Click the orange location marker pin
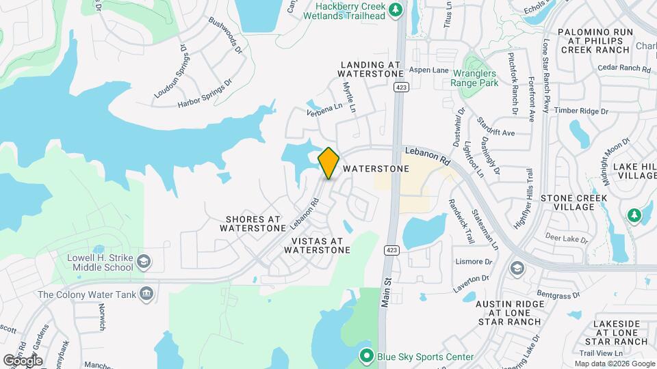(x=328, y=163)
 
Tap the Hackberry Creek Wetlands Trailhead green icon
(x=395, y=10)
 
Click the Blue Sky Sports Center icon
(x=366, y=357)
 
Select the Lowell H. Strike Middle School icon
(x=144, y=262)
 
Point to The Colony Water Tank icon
(x=145, y=295)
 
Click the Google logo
(x=23, y=360)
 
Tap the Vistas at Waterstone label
(x=317, y=245)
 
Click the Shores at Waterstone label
(x=251, y=224)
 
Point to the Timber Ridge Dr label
(x=581, y=111)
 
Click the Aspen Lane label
(x=428, y=70)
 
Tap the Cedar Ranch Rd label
(x=623, y=68)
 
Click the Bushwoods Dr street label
(x=226, y=36)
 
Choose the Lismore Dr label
(x=473, y=262)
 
